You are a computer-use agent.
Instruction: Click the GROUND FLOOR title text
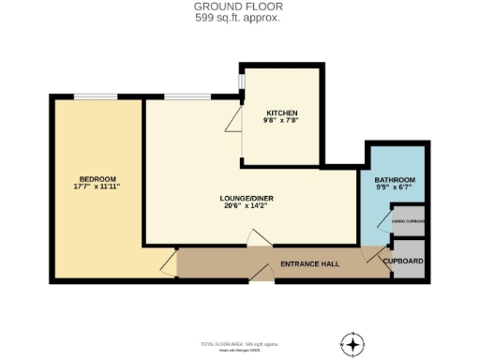point(239,7)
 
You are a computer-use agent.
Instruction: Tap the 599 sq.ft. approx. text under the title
point(239,18)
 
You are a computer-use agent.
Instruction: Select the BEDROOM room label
point(97,178)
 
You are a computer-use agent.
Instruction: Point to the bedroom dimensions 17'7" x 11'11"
point(97,187)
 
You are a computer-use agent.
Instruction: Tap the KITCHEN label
point(282,112)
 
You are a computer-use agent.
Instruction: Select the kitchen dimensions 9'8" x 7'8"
point(282,121)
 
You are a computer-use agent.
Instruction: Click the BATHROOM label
point(395,179)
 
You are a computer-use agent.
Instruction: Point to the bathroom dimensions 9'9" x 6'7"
point(395,187)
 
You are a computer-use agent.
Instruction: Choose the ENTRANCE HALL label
point(310,264)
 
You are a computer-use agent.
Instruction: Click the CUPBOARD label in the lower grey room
point(407,261)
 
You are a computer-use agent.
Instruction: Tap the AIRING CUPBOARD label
point(409,221)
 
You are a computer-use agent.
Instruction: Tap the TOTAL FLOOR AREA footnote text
point(239,344)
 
